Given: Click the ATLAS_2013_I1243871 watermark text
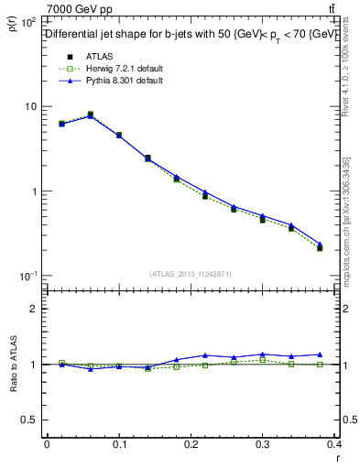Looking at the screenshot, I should [191, 274].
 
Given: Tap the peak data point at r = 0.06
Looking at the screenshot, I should [90, 115].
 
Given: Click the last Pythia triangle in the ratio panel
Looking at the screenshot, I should [320, 354].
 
